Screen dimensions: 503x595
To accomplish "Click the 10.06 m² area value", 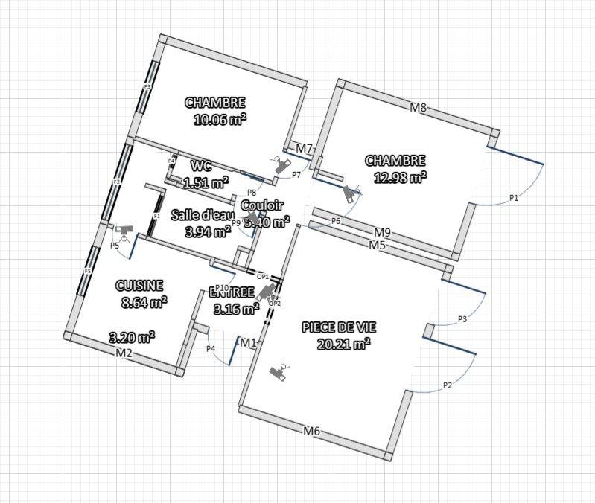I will pos(220,119).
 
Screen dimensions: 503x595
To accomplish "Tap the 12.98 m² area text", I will pos(399,176).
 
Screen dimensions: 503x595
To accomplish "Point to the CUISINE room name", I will pos(139,286).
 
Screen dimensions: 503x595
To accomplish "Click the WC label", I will pos(201,165).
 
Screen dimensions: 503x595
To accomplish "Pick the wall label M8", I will pos(419,108).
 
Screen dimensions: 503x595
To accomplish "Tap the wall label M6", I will pos(311,430).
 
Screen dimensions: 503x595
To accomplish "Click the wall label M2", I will pos(124,353).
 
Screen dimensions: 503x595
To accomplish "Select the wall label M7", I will pos(303,150).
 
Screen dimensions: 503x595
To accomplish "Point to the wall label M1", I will pos(248,342).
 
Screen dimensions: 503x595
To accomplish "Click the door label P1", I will pos(514,198).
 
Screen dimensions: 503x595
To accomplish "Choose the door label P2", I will pos(448,385).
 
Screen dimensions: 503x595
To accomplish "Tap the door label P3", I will pos(462,319).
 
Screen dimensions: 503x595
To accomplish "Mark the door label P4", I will pos(211,348).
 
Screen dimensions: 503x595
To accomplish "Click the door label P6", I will pos(336,221).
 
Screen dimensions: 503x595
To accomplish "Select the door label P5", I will pos(115,245).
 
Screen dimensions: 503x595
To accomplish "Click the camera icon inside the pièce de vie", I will pos(280,371).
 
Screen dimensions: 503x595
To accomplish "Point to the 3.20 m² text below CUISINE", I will pos(132,336).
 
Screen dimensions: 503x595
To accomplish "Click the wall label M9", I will pos(383,232).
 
